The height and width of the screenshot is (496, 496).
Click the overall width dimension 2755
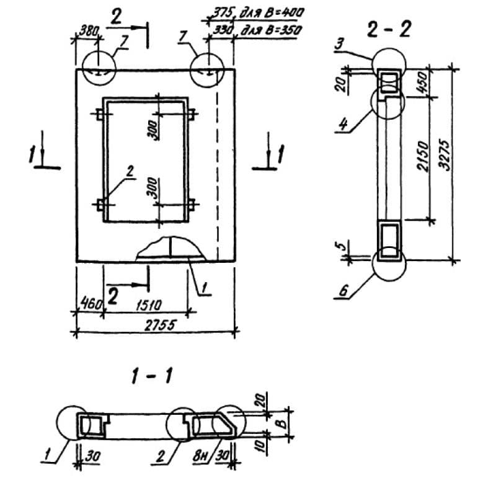[154, 324]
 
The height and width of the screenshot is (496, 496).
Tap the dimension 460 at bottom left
[88, 305]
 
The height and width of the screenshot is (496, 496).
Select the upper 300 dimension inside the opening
[153, 128]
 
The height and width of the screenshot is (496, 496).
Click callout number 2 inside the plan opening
[129, 172]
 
